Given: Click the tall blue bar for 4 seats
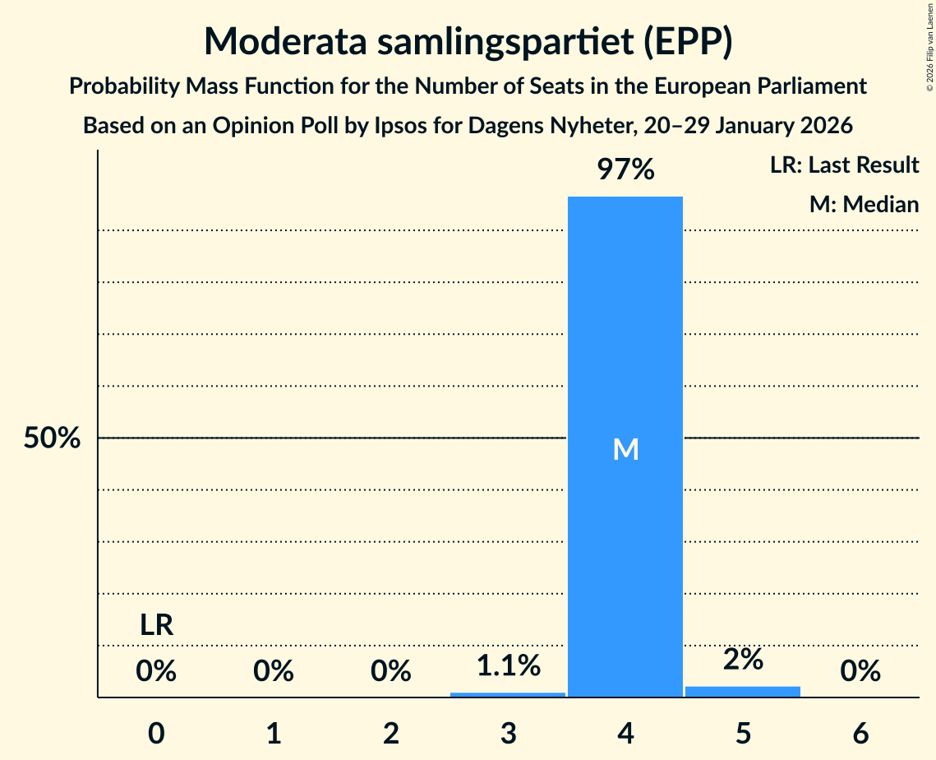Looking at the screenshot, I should (x=625, y=329).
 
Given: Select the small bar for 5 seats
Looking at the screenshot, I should (x=743, y=692).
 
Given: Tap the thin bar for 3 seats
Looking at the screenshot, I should (x=508, y=695).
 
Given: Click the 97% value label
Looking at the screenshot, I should (x=625, y=170).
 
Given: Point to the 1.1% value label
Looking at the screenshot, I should (x=508, y=665).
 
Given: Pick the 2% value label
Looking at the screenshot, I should (x=743, y=659).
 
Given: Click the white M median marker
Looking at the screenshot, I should (x=625, y=449).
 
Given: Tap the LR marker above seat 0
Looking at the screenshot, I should (x=156, y=626).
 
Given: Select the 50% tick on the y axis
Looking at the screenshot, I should (x=52, y=438).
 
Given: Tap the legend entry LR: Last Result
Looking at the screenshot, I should (x=844, y=165).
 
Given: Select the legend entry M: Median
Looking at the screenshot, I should (x=864, y=204).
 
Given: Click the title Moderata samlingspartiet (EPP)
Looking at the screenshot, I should (x=468, y=42).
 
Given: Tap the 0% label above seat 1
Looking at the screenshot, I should (x=274, y=672).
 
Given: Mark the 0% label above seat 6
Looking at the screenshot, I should (x=860, y=672).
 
